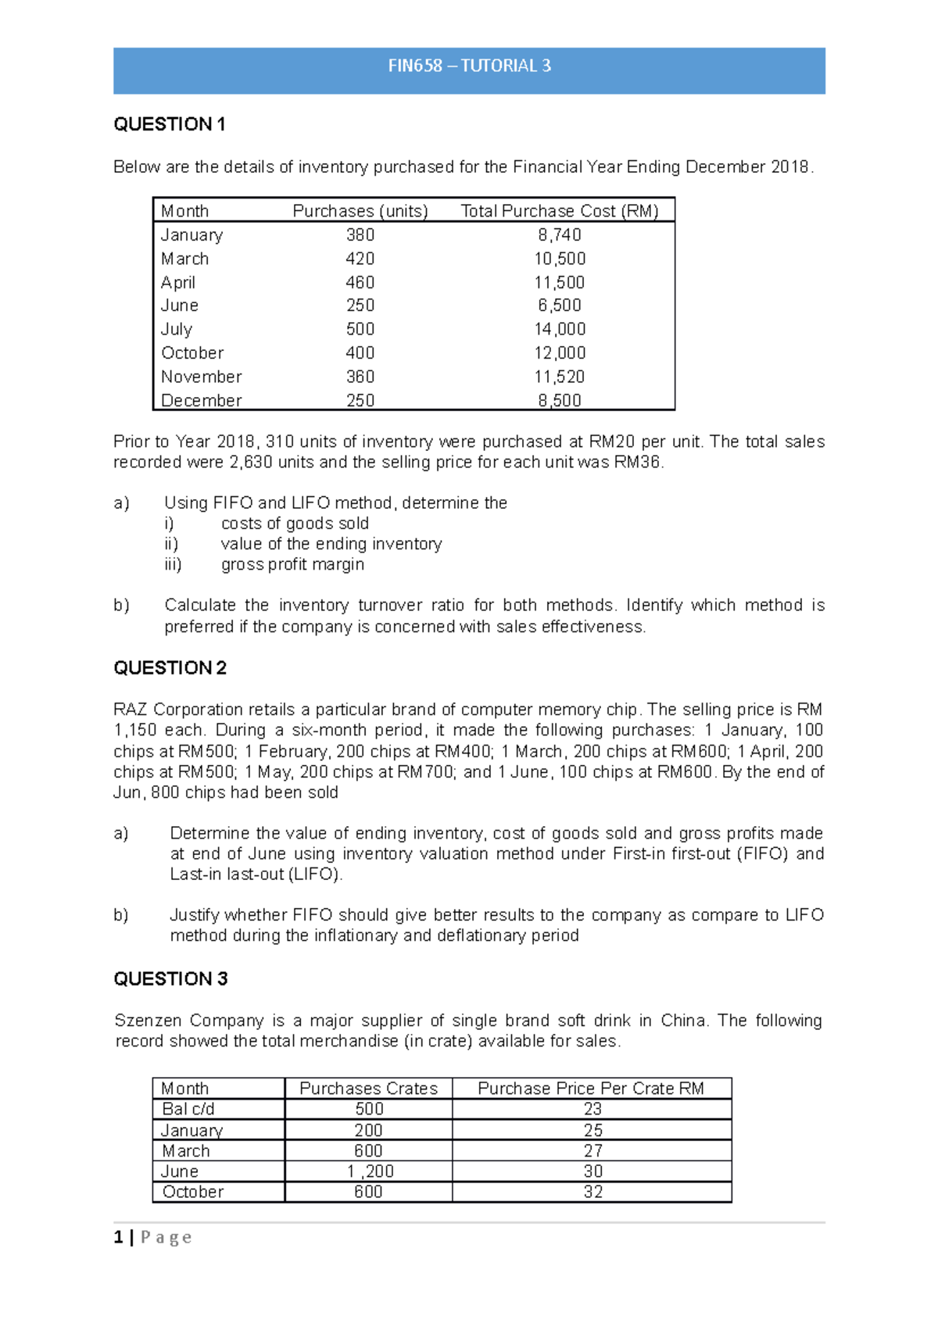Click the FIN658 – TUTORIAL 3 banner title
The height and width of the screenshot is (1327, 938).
pyautogui.click(x=469, y=66)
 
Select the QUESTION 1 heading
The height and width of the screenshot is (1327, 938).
pyautogui.click(x=170, y=124)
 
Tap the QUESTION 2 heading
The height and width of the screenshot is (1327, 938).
pyautogui.click(x=170, y=668)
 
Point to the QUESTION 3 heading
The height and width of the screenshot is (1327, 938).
pyautogui.click(x=170, y=979)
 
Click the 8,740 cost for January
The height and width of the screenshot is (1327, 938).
pyautogui.click(x=559, y=235)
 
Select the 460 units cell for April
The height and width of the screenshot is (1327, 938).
pyautogui.click(x=360, y=282)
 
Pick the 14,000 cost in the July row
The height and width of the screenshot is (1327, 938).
pyautogui.click(x=560, y=329)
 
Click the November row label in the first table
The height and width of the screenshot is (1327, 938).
pyautogui.click(x=201, y=377)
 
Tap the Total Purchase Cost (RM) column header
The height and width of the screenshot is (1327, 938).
pyautogui.click(x=560, y=211)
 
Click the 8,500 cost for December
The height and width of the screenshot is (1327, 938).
pyautogui.click(x=559, y=400)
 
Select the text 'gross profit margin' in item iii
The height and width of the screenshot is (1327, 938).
pyautogui.click(x=292, y=564)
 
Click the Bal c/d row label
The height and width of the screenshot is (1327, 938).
pyautogui.click(x=188, y=1109)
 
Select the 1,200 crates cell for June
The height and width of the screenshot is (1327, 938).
pyautogui.click(x=369, y=1171)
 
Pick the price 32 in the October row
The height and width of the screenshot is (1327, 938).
pyautogui.click(x=593, y=1192)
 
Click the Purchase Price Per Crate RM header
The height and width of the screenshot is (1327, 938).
pyautogui.click(x=591, y=1089)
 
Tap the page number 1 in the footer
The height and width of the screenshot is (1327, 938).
pyautogui.click(x=118, y=1237)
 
